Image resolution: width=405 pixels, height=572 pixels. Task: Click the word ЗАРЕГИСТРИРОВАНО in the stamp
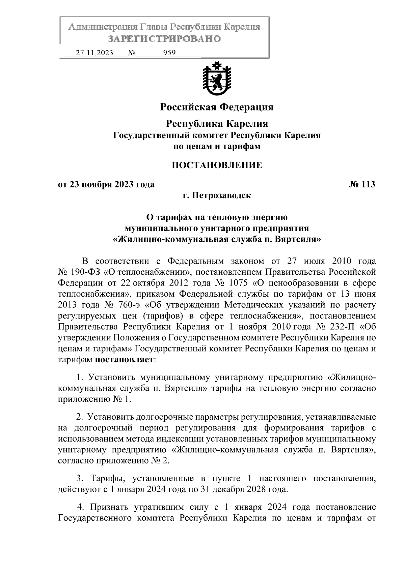(164, 39)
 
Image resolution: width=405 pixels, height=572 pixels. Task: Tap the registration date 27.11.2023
(94, 53)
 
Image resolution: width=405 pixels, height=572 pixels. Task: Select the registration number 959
(169, 53)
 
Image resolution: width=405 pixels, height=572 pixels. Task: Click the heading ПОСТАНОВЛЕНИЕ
(217, 165)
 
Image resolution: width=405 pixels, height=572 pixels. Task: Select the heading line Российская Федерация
(217, 107)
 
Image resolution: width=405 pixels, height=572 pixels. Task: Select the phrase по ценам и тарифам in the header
(217, 147)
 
